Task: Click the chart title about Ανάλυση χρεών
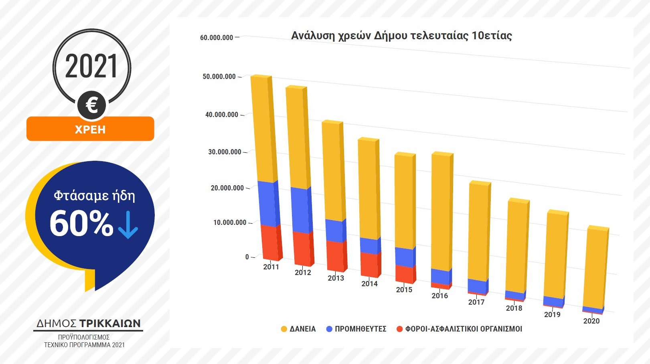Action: pyautogui.click(x=401, y=36)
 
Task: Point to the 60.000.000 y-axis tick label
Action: pyautogui.click(x=217, y=38)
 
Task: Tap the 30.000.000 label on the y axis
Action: pyautogui.click(x=225, y=152)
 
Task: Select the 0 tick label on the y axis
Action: pyautogui.click(x=247, y=257)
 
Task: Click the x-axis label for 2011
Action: pyautogui.click(x=271, y=267)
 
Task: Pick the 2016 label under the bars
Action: pyautogui.click(x=439, y=296)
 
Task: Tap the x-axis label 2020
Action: pyautogui.click(x=591, y=321)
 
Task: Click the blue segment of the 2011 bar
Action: pyautogui.click(x=267, y=204)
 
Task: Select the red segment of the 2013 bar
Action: pyautogui.click(x=336, y=256)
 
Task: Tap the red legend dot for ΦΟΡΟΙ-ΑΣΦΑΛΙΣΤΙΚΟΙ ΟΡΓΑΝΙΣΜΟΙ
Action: pyautogui.click(x=399, y=329)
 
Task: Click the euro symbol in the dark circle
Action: pyautogui.click(x=92, y=105)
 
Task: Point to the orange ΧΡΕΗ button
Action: pyautogui.click(x=90, y=129)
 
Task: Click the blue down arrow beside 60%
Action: pyautogui.click(x=128, y=224)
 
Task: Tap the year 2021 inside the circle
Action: pyautogui.click(x=91, y=67)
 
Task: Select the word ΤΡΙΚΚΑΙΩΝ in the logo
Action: pyautogui.click(x=110, y=324)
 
